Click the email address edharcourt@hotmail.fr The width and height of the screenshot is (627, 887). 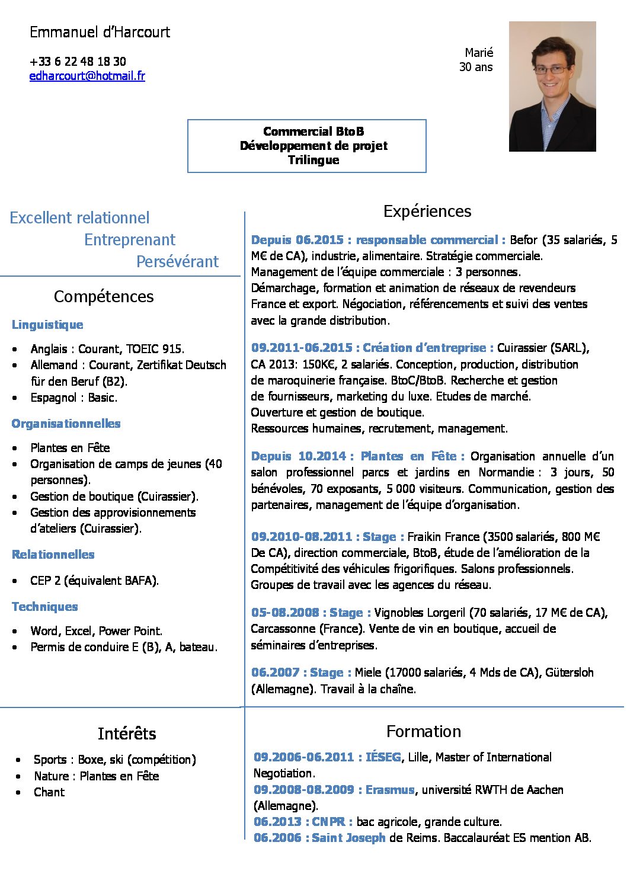tap(87, 76)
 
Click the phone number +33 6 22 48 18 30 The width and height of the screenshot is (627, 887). tap(78, 62)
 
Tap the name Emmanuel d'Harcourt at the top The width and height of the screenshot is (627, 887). tap(100, 33)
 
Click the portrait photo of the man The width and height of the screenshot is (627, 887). tap(552, 87)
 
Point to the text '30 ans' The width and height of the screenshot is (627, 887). tap(476, 67)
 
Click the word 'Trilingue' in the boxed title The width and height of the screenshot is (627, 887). tap(313, 160)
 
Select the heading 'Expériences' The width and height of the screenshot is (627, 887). tap(427, 212)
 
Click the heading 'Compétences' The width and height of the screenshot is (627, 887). tap(104, 296)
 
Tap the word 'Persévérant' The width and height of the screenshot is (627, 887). tap(177, 262)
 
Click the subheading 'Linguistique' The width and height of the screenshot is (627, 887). tap(47, 325)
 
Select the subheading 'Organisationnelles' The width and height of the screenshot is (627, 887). tap(66, 424)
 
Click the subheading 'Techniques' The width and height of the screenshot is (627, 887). tap(45, 607)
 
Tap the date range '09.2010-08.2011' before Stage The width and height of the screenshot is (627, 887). tap(302, 537)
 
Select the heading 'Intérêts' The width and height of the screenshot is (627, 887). tap(127, 734)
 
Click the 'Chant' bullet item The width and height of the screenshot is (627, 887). tap(49, 792)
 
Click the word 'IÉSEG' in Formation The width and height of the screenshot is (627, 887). tap(383, 757)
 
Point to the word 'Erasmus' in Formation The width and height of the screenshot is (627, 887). tap(390, 790)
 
